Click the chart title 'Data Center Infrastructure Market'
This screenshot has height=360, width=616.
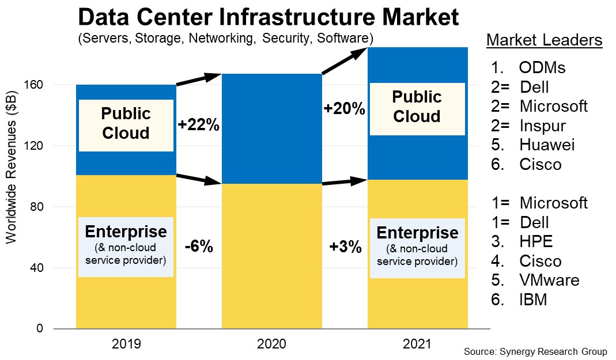click(268, 17)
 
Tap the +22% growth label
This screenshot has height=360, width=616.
click(198, 125)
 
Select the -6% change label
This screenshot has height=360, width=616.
click(199, 247)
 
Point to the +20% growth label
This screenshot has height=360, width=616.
click(344, 108)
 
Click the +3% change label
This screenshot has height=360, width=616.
click(345, 247)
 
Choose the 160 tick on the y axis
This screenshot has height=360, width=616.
click(36, 85)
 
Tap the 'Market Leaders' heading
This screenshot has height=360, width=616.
click(545, 41)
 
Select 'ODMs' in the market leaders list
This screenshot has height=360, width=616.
click(542, 68)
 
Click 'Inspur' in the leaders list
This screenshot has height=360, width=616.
click(542, 126)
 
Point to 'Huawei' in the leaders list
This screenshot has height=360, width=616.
click(546, 145)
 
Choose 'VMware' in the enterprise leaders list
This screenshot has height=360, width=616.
click(549, 281)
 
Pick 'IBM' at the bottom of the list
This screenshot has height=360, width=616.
click(532, 300)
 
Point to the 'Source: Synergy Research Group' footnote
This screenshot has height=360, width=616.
click(535, 351)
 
